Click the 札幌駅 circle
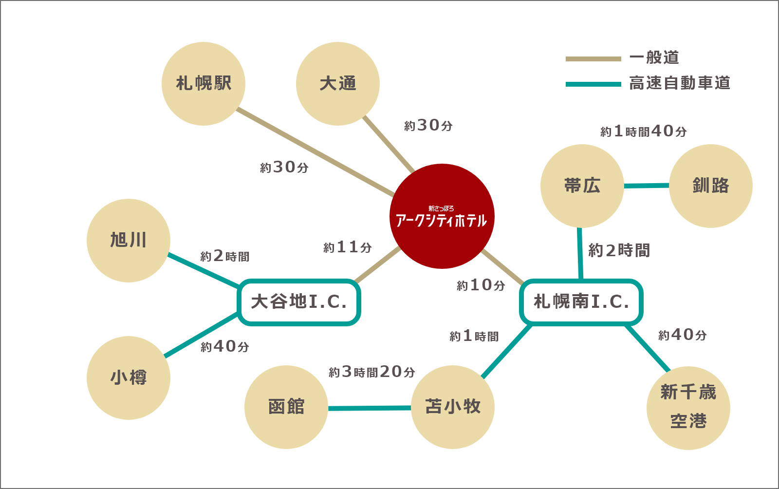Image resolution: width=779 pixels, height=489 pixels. pyautogui.click(x=204, y=84)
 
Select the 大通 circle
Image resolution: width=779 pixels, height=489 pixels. pyautogui.click(x=338, y=84)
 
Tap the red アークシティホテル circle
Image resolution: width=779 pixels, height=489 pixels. pyautogui.click(x=442, y=216)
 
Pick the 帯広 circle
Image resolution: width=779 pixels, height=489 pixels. pyautogui.click(x=582, y=186)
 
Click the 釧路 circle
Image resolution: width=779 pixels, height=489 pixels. pyautogui.click(x=711, y=186)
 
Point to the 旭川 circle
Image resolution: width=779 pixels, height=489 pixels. pyautogui.click(x=129, y=240)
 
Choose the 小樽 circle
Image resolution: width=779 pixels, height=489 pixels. pyautogui.click(x=129, y=377)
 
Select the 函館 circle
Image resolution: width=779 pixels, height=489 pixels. pyautogui.click(x=286, y=407)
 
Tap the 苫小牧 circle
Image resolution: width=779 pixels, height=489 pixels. pyautogui.click(x=453, y=407)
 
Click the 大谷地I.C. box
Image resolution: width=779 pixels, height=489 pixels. pyautogui.click(x=299, y=302)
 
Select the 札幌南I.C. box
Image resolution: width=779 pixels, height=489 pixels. pyautogui.click(x=581, y=302)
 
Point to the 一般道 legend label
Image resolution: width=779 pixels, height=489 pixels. pyautogui.click(x=654, y=57)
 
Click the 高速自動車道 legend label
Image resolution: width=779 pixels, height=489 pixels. pyautogui.click(x=680, y=83)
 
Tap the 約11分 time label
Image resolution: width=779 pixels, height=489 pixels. pyautogui.click(x=348, y=247)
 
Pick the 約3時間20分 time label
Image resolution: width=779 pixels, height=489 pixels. pyautogui.click(x=372, y=372)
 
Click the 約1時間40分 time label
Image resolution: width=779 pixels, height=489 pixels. pyautogui.click(x=644, y=132)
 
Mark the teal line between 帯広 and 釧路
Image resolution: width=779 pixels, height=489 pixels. pyautogui.click(x=647, y=186)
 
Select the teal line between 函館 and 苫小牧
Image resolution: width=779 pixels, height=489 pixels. pyautogui.click(x=370, y=408)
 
